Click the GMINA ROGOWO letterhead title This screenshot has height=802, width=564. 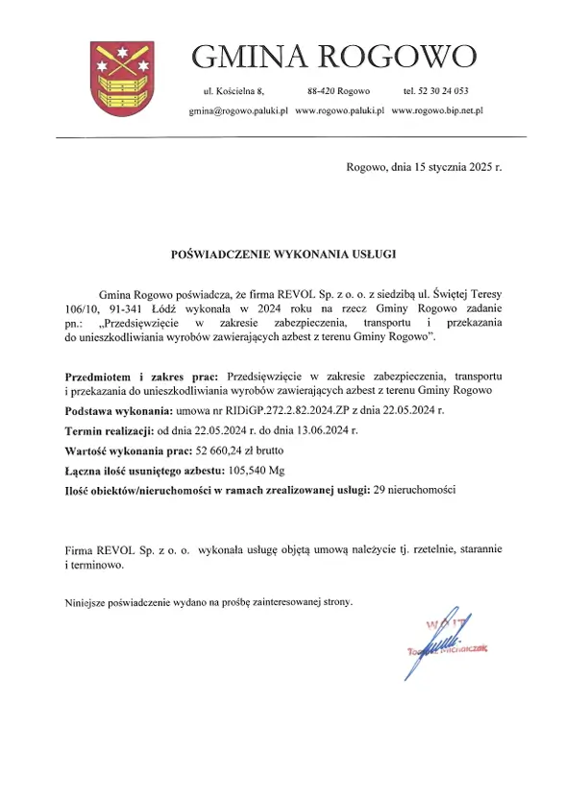[x=333, y=57]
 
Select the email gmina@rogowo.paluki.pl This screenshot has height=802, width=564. [x=237, y=111]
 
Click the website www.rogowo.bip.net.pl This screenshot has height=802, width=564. [x=436, y=111]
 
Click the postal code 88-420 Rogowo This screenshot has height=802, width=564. [x=338, y=91]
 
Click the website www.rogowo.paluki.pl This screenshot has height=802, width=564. [x=339, y=111]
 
